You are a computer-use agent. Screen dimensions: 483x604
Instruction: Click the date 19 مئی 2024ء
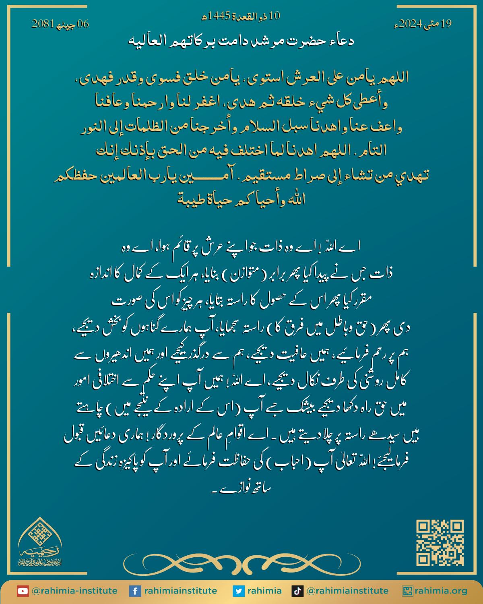tap(422, 24)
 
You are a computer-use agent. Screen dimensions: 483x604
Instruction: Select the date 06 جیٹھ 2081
tap(60, 24)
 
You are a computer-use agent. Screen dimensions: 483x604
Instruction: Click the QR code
tap(440, 543)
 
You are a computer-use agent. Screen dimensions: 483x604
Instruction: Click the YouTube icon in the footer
tap(23, 591)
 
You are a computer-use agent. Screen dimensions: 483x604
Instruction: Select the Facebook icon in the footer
tap(134, 591)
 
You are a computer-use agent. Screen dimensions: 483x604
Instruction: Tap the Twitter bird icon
tap(239, 591)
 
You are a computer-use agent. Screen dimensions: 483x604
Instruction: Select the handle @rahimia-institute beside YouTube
tap(74, 591)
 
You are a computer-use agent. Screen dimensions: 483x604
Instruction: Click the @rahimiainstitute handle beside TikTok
tap(347, 591)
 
